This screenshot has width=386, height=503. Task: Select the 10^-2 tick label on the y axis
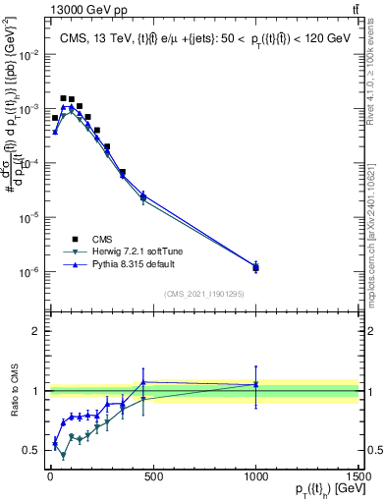pos(27,55)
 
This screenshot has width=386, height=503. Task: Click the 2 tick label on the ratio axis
pos(34,331)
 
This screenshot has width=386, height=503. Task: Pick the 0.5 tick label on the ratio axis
pos(30,450)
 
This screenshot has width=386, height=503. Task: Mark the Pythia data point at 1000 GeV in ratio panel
pos(255,384)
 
